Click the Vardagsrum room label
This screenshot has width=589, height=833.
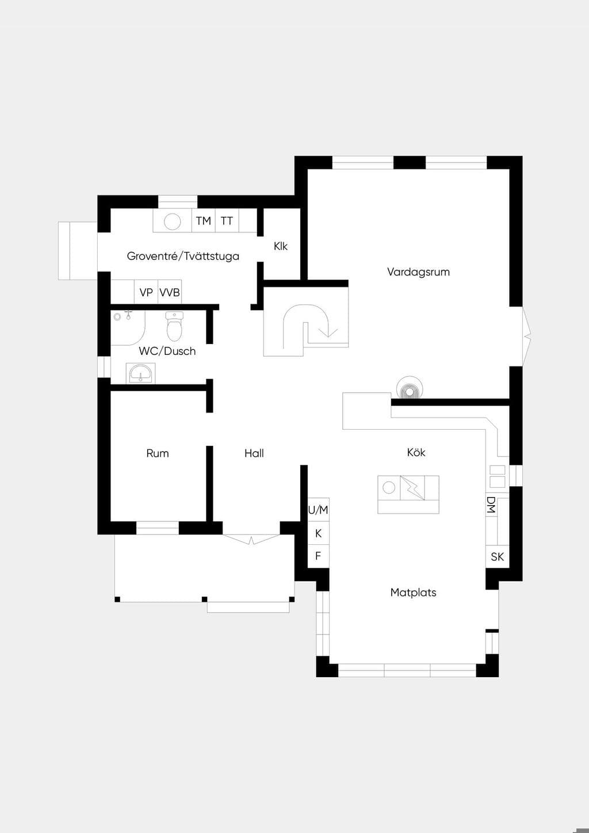(418, 272)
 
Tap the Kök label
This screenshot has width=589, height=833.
(416, 452)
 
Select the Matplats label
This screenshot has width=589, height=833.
(413, 593)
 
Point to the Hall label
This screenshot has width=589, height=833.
(254, 453)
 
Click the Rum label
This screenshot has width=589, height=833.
(158, 453)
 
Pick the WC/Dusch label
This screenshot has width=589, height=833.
(167, 351)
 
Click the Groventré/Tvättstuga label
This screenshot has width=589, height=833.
(183, 256)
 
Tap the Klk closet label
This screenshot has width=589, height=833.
(281, 246)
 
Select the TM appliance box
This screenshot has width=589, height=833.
(204, 221)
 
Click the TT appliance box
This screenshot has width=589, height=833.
(227, 221)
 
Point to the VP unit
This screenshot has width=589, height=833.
(146, 292)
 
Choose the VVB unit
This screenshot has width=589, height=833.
(170, 292)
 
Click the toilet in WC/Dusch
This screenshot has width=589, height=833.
(174, 326)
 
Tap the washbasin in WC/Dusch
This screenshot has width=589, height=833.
(140, 373)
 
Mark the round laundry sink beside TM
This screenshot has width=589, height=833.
(173, 221)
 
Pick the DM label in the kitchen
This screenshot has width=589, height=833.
(491, 505)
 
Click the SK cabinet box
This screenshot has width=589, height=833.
(497, 557)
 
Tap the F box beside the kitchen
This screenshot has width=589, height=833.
(318, 556)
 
